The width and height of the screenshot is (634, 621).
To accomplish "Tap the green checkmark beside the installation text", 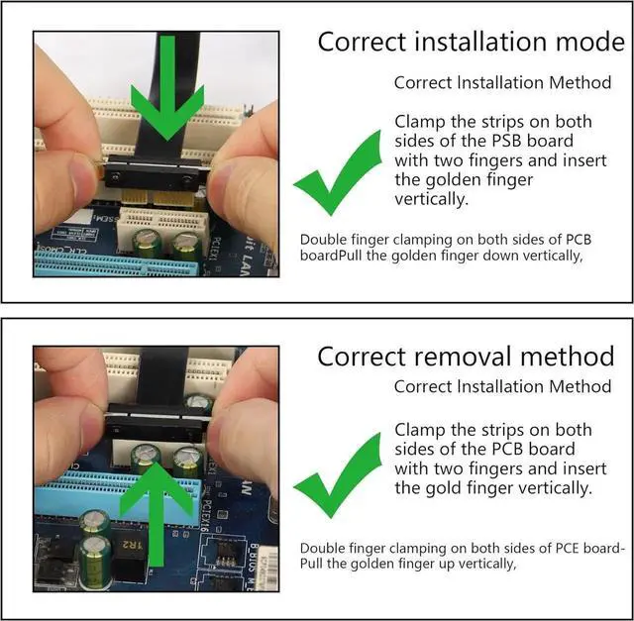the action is [338, 172].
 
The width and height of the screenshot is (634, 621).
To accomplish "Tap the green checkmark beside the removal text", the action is [338, 475].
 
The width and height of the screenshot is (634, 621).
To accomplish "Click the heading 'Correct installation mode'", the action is [472, 42].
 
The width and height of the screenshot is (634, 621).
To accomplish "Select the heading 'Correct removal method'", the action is [466, 357].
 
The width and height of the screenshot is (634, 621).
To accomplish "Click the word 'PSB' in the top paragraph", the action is [507, 141].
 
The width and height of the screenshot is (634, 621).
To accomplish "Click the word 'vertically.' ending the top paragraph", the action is [432, 199].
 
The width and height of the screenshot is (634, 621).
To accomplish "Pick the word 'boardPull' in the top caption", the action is [332, 256].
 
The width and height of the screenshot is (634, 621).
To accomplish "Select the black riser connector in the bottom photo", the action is [157, 423].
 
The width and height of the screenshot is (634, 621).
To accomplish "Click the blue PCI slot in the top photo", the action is [117, 263].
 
